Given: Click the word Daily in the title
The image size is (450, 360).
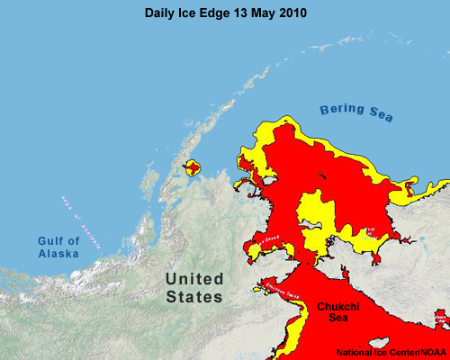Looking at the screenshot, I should point(161,14).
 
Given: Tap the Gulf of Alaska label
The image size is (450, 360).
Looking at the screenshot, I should point(58,247).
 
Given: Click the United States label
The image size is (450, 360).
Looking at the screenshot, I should point(194,288).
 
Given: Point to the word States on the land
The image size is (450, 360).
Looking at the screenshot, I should point(194,297).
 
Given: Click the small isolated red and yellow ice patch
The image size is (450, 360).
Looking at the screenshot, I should point(192,167).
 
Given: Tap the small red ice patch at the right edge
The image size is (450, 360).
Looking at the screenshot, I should point(441,319).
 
